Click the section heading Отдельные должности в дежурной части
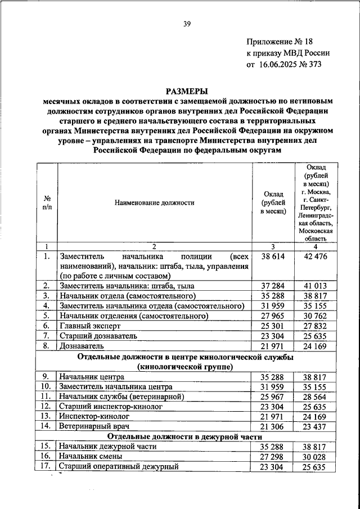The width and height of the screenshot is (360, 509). click(186, 436)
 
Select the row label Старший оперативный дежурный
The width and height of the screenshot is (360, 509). click(119, 466)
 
